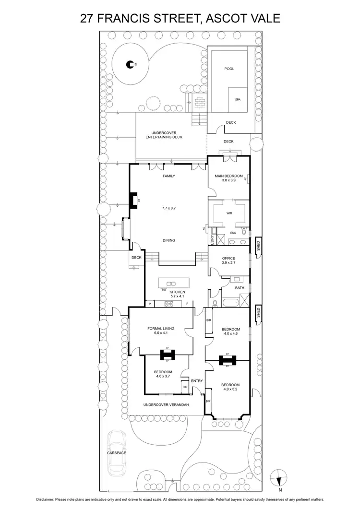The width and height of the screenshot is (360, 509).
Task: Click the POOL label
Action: pyautogui.click(x=229, y=69)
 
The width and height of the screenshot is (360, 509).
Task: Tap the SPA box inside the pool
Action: pyautogui.click(x=237, y=99)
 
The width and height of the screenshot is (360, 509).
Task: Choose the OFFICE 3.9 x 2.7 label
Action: pyautogui.click(x=228, y=261)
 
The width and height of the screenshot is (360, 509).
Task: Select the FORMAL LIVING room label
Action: pyautogui.click(x=160, y=331)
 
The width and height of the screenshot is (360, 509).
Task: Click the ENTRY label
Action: pyautogui.click(x=197, y=381)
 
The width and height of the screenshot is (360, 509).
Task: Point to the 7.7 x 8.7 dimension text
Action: pyautogui.click(x=168, y=209)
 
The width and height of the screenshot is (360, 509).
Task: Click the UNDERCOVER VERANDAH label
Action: pyautogui.click(x=166, y=405)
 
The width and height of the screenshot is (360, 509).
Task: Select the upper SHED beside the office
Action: pyautogui.click(x=258, y=246)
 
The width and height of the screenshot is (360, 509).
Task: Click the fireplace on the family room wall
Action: pyautogui.click(x=132, y=200)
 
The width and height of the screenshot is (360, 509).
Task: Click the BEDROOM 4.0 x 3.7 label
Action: pyautogui.click(x=163, y=375)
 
